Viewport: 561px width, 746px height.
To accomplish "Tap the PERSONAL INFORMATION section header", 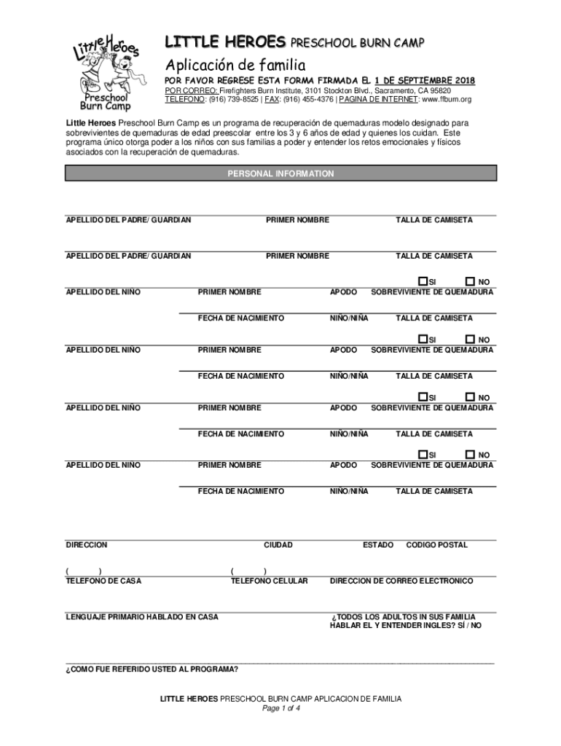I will [280, 174].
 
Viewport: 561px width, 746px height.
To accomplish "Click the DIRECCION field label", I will [87, 545].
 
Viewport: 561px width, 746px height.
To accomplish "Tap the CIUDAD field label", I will [278, 545].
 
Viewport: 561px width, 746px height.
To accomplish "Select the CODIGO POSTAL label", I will [436, 545].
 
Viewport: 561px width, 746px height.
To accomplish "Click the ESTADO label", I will [378, 545].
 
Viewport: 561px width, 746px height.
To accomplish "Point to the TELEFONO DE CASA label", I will [103, 581].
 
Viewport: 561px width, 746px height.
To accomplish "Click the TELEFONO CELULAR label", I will [269, 581].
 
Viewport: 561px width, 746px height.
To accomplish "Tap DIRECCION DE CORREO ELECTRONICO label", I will [401, 581].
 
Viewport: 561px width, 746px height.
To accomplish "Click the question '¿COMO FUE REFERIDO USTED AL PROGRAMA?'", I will [152, 669].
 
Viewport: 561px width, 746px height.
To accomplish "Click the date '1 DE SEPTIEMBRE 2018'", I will [425, 79].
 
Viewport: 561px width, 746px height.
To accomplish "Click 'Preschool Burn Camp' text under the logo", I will [105, 101].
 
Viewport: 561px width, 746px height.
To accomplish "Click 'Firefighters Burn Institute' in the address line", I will [263, 90].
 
